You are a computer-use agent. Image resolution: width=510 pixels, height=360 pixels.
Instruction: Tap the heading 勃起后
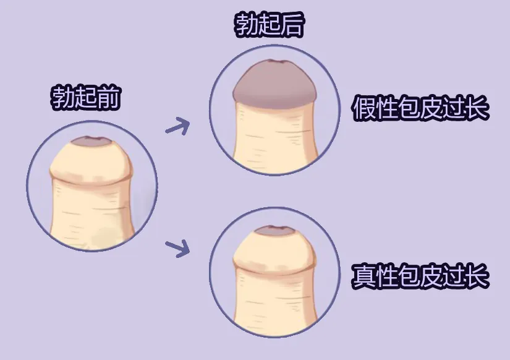point(269,25)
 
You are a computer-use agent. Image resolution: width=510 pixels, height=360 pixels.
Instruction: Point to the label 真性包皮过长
point(420,276)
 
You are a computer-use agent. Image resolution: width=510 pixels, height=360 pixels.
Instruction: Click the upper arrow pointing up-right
point(178,126)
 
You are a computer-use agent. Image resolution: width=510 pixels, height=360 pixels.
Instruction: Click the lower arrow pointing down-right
point(177,248)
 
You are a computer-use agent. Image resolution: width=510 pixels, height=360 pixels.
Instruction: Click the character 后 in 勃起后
point(292,25)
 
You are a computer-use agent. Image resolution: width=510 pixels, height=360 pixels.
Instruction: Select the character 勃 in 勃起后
point(246,25)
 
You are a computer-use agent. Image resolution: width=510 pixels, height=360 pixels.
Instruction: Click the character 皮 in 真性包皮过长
point(432,276)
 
